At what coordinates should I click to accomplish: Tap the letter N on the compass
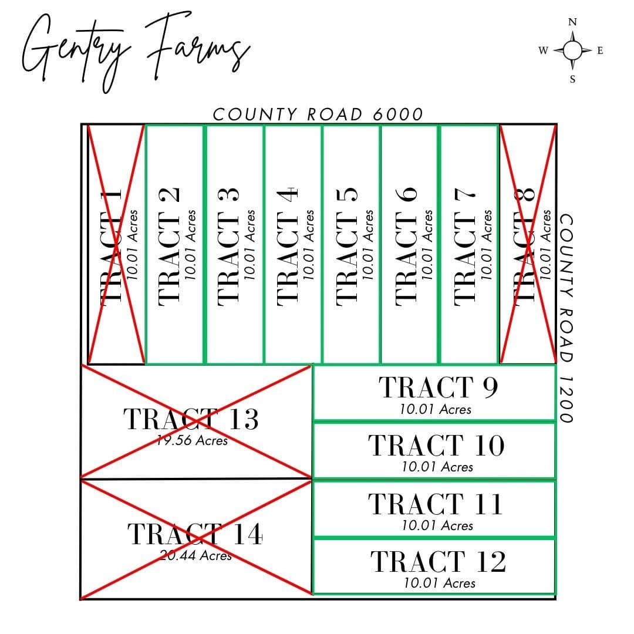pyautogui.click(x=572, y=22)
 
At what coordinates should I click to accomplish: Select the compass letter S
pyautogui.click(x=572, y=79)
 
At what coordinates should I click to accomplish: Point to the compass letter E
pyautogui.click(x=600, y=50)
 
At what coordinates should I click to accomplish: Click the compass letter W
pyautogui.click(x=544, y=50)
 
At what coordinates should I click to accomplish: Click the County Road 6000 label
pyautogui.click(x=318, y=114)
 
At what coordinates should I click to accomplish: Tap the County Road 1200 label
pyautogui.click(x=566, y=318)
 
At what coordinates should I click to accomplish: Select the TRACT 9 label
pyautogui.click(x=439, y=387)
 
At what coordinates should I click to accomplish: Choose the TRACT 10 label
pyautogui.click(x=437, y=445)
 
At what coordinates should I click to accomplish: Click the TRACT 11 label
pyautogui.click(x=436, y=504)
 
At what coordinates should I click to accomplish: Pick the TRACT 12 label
pyautogui.click(x=439, y=561)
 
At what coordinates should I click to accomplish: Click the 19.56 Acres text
pyautogui.click(x=193, y=440)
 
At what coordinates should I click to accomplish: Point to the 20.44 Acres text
pyautogui.click(x=195, y=555)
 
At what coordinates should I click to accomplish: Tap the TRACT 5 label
pyautogui.click(x=347, y=247)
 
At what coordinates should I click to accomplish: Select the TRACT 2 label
pyautogui.click(x=168, y=247)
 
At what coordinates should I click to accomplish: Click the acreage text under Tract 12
pyautogui.click(x=440, y=583)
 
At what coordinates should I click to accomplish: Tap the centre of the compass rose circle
pyautogui.click(x=572, y=50)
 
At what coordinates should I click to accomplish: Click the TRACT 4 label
pyautogui.click(x=288, y=247)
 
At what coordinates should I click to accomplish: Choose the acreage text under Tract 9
pyautogui.click(x=436, y=409)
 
